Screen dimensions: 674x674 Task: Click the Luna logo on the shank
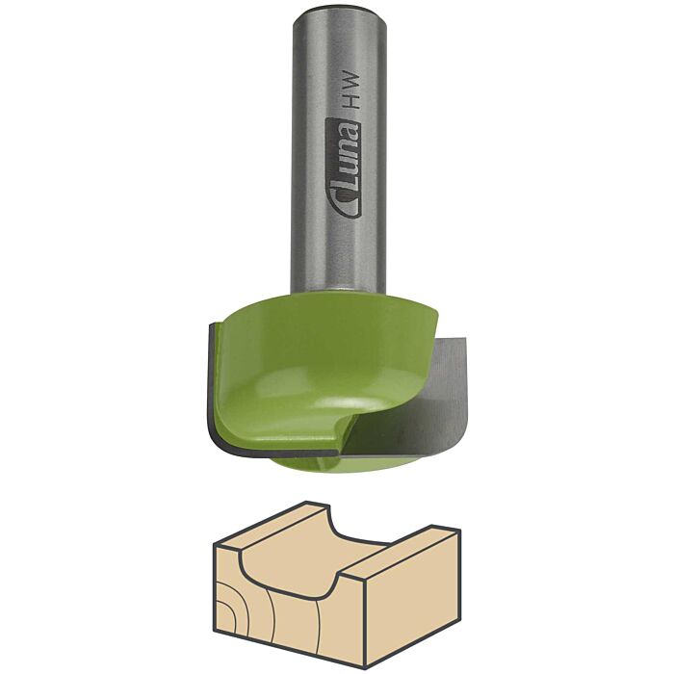[x=342, y=168]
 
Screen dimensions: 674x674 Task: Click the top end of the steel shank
[x=340, y=9]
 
